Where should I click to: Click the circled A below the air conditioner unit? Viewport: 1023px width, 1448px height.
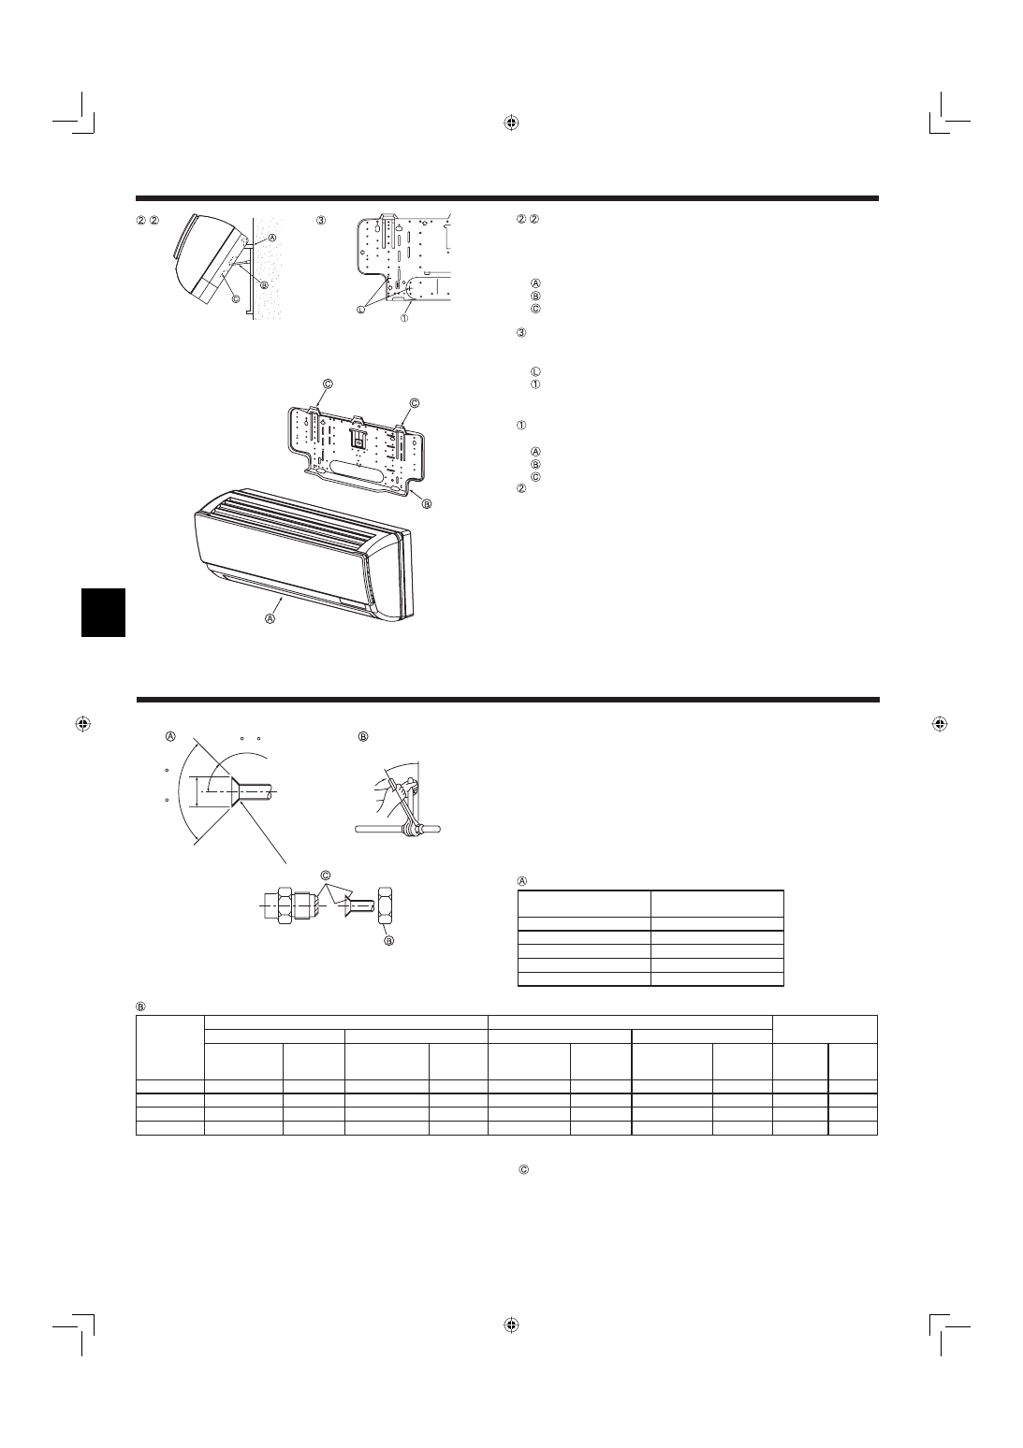pos(270,618)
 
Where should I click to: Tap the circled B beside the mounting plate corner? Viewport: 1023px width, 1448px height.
pos(427,504)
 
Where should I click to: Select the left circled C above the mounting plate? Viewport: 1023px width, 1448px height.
pos(328,384)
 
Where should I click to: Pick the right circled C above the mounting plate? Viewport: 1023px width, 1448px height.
pos(415,403)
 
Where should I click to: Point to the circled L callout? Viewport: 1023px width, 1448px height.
pos(361,310)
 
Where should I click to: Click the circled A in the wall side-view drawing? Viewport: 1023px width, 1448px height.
pos(272,238)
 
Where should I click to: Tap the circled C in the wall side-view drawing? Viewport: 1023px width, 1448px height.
pos(236,298)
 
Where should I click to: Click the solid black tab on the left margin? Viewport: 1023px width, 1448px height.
pos(104,612)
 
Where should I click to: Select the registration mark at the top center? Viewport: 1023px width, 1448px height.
pos(511,123)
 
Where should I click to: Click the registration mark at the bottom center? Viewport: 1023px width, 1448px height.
pos(511,1325)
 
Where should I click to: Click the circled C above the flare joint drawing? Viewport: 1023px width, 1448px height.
pos(326,876)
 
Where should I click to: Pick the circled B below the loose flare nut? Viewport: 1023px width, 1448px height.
pos(389,941)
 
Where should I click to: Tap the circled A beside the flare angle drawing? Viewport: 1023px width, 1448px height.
pos(170,736)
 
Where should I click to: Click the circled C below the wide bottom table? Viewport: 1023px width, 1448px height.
pos(524,1169)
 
